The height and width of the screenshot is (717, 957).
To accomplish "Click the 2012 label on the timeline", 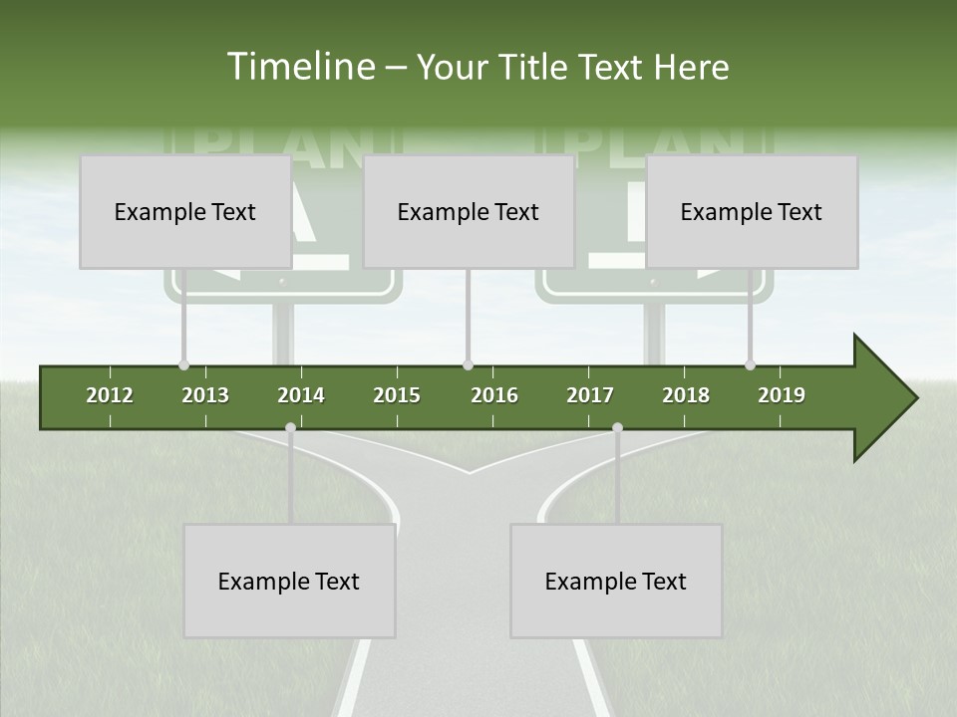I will coord(110,395).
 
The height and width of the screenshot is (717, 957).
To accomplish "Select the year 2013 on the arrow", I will coord(205,395).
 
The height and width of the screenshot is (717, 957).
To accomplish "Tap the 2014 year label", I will coord(301,395).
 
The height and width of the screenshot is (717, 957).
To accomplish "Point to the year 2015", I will coord(397,395).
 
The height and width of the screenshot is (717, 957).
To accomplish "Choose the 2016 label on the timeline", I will coord(494,395).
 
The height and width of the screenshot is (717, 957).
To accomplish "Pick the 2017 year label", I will coord(590,395).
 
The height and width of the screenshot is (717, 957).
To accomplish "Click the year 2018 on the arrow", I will coord(686,395).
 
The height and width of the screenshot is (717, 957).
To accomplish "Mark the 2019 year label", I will coord(782,395).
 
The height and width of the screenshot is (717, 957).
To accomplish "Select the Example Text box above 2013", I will coord(185,212).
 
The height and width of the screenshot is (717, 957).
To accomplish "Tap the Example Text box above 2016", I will coord(469,212).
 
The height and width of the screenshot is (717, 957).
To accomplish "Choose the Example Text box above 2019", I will coord(752,212).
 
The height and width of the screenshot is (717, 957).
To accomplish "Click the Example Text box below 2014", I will coord(289,582).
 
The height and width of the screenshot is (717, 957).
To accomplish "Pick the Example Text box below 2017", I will coord(616,582).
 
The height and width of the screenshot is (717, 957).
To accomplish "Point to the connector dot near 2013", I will coord(183,365).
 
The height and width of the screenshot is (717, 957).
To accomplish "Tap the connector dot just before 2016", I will coord(469,365).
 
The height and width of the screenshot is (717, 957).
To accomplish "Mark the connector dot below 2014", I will coord(290,428).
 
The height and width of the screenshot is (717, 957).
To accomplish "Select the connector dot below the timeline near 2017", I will coord(617,428).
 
